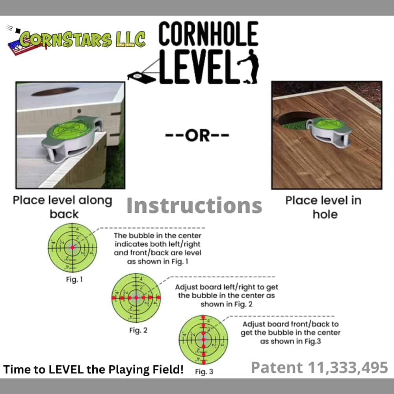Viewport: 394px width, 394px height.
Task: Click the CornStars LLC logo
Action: pyautogui.click(x=75, y=40)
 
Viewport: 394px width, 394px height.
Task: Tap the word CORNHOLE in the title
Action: pyautogui.click(x=208, y=33)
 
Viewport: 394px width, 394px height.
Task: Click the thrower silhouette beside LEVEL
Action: pyautogui.click(x=249, y=67)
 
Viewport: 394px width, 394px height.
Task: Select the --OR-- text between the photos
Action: pyautogui.click(x=197, y=136)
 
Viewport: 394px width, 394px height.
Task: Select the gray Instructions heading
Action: pyautogui.click(x=194, y=206)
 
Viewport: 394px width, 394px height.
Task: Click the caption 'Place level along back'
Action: pyautogui.click(x=63, y=207)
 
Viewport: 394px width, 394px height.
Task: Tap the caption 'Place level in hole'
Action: pyautogui.click(x=324, y=207)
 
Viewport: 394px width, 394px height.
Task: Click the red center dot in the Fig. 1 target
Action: pyautogui.click(x=72, y=247)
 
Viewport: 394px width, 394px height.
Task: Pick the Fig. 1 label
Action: pyautogui.click(x=74, y=279)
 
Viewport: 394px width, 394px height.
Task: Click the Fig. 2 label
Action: pyautogui.click(x=138, y=330)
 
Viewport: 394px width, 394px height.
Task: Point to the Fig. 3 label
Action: pyautogui.click(x=204, y=372)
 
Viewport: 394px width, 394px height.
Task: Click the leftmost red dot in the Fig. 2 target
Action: pyautogui.click(x=113, y=298)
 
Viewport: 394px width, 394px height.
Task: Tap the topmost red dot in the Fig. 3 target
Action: pyautogui.click(x=204, y=318)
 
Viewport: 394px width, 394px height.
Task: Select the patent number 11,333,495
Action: pyautogui.click(x=348, y=367)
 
